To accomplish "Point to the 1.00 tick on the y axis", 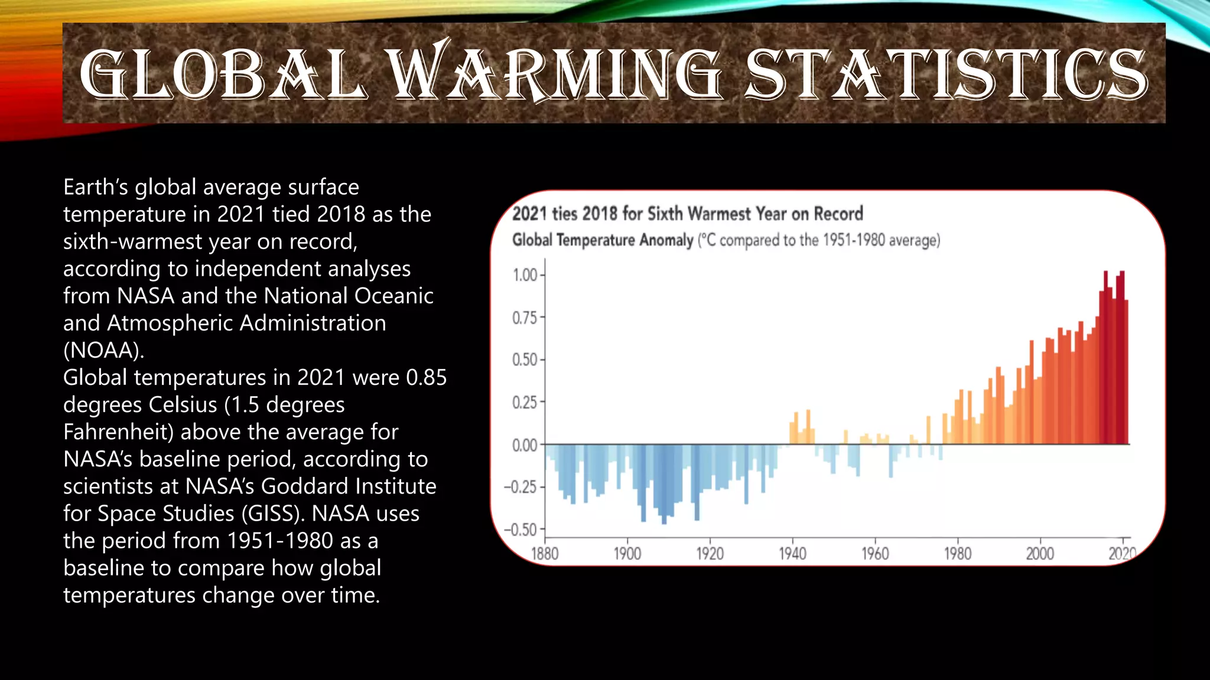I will [525, 275].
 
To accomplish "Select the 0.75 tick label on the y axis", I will [525, 318].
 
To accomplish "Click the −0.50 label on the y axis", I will [521, 529].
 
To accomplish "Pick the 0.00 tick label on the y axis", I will [525, 445].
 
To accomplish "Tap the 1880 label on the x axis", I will [545, 554].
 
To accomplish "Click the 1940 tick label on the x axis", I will [792, 554].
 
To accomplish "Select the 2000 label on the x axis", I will [1040, 554].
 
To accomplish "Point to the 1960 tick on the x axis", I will [875, 554].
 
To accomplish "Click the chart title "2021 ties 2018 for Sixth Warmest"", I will [687, 214].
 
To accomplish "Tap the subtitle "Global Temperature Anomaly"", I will [602, 240].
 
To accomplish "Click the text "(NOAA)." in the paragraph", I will [103, 351].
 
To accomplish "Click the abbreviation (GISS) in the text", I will [272, 514].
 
